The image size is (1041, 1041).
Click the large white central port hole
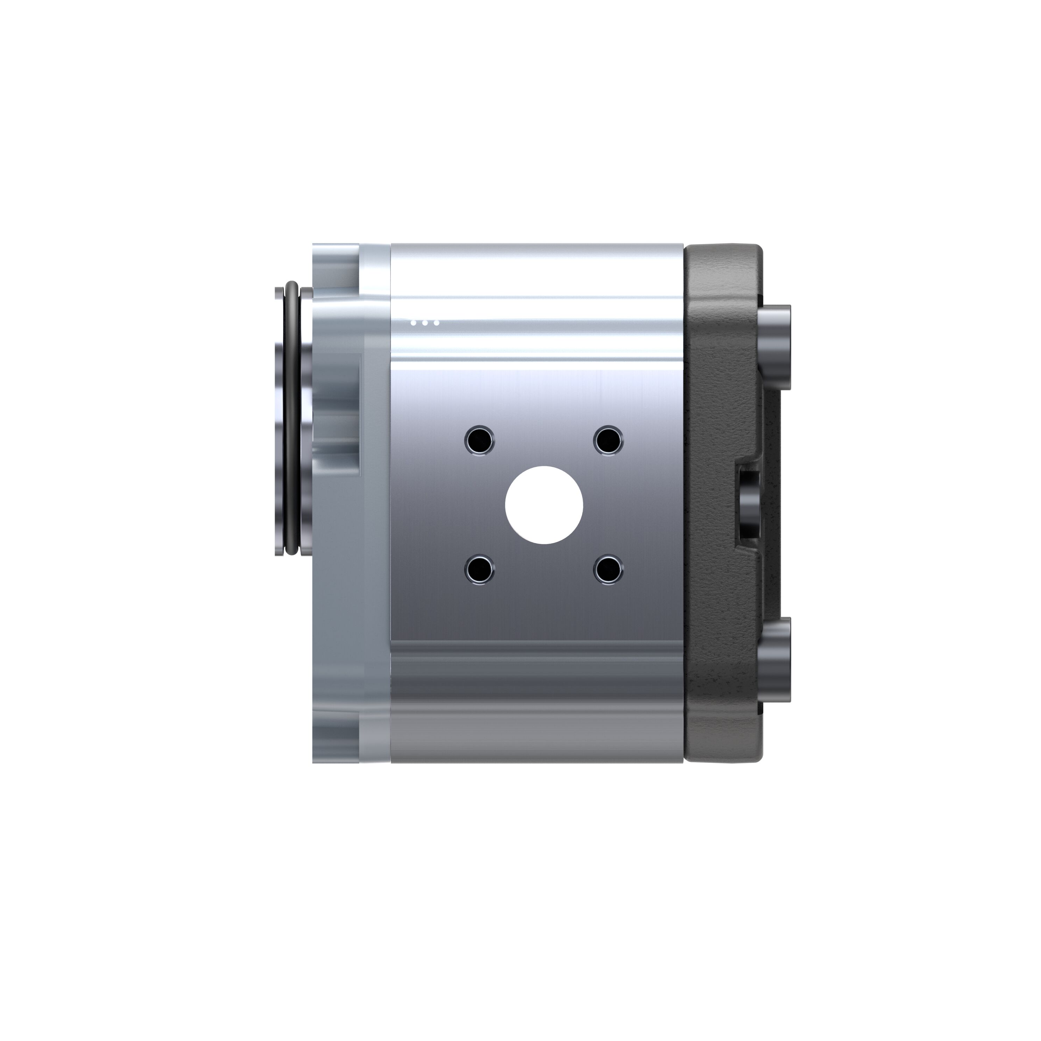click(544, 504)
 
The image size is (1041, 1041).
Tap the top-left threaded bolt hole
click(479, 440)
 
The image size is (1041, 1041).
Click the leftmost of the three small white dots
click(413, 323)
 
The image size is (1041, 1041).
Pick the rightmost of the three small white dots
click(437, 323)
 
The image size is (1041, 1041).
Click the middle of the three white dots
click(425, 323)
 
